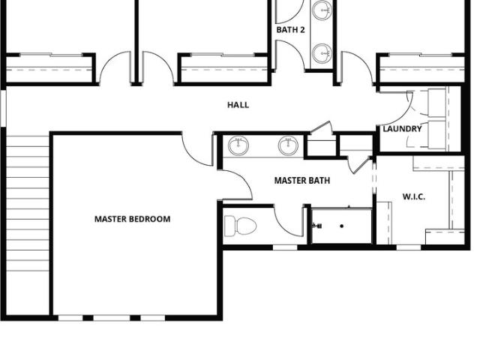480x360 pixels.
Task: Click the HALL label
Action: click(238, 105)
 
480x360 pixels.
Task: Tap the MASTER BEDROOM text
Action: click(132, 219)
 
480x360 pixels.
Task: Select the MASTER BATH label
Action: click(302, 181)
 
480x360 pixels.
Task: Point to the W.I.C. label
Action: click(413, 196)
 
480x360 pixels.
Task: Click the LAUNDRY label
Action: click(402, 129)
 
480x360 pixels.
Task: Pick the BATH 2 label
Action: click(290, 30)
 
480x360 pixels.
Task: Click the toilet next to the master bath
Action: click(240, 226)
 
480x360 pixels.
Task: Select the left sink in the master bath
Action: click(238, 145)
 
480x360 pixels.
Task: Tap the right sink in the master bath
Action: click(288, 145)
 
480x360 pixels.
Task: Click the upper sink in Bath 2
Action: click(322, 10)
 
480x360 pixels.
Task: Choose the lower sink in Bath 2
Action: click(322, 53)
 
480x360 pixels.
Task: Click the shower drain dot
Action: click(342, 226)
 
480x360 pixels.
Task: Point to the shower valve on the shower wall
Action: click(317, 226)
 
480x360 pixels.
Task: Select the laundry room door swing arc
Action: click(398, 109)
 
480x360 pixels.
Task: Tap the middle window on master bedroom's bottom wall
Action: click(112, 318)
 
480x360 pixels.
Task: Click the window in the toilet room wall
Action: click(285, 247)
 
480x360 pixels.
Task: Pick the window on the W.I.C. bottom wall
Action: click(409, 247)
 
